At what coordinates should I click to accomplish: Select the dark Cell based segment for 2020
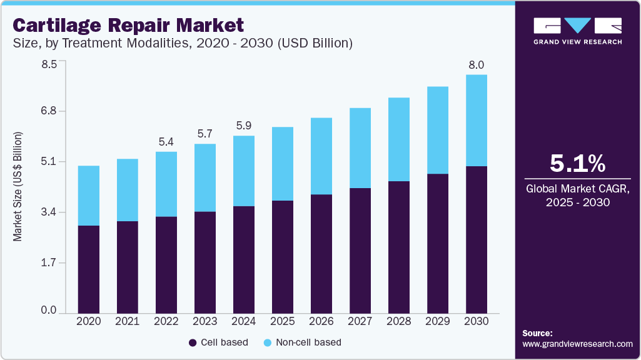coord(89,269)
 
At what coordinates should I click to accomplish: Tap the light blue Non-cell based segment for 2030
coord(476,121)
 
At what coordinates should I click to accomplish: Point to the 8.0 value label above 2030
coord(477,65)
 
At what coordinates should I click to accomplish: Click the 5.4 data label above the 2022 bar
coord(166,142)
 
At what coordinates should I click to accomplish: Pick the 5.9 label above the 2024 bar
coord(244,126)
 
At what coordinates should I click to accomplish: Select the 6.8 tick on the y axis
coord(49,111)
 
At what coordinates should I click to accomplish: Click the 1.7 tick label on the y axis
coord(49,263)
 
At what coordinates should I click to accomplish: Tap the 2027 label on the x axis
coord(360,321)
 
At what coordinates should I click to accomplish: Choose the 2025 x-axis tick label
coord(283,321)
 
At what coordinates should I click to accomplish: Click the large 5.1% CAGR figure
coord(577,164)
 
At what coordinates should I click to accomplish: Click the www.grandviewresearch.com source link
coord(577,344)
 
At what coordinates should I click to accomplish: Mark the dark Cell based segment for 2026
coord(321,253)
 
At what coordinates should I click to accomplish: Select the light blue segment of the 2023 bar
coord(205,177)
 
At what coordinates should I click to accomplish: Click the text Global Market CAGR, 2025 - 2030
coord(577,195)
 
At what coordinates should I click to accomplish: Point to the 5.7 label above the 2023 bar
coord(205,134)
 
